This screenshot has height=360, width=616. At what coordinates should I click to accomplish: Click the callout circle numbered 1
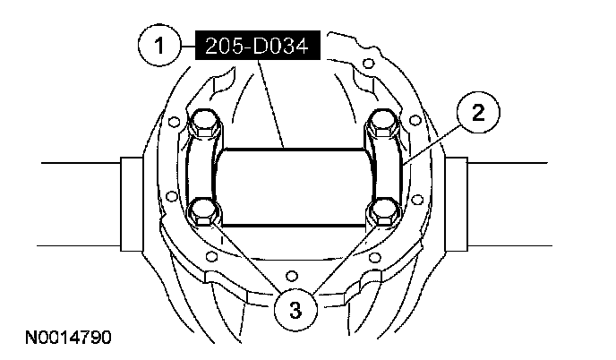(x=159, y=45)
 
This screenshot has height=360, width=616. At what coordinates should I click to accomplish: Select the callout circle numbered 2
(x=478, y=112)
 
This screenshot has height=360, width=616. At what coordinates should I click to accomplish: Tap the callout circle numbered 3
(x=295, y=309)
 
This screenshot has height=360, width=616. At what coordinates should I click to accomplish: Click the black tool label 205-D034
(x=258, y=46)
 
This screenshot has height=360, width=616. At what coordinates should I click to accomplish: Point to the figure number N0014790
(x=68, y=338)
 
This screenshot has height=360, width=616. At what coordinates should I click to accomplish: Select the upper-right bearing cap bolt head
(x=382, y=123)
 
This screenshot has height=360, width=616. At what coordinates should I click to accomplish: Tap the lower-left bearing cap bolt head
(x=203, y=211)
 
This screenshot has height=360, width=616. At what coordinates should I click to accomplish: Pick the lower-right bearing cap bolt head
(x=383, y=211)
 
